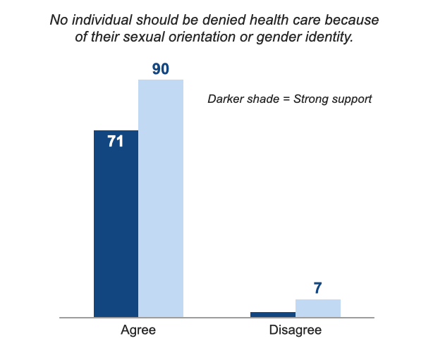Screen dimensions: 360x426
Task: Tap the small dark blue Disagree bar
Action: [x=273, y=314]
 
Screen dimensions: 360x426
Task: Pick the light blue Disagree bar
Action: [x=318, y=308]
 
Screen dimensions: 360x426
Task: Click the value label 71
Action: [x=116, y=142]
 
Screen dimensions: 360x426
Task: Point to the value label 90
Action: [x=161, y=69]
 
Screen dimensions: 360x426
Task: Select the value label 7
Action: [x=318, y=288]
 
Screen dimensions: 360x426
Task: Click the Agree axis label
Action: [x=138, y=330]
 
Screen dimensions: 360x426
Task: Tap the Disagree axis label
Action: [x=296, y=330]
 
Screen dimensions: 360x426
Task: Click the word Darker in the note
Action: [x=226, y=99]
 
